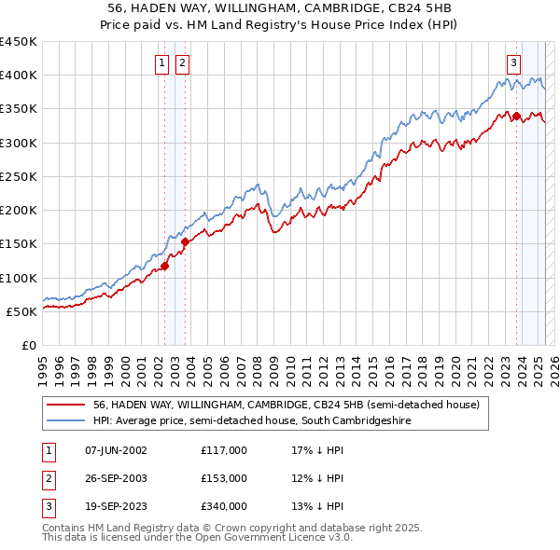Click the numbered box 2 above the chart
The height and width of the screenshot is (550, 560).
[x=181, y=63]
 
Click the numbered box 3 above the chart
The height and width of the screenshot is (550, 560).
[x=513, y=63]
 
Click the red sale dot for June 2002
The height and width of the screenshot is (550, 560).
[x=164, y=266]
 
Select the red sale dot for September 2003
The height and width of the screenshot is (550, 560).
[x=186, y=241]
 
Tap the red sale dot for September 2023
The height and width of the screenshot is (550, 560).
[x=516, y=116]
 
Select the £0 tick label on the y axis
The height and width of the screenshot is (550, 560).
[x=29, y=345]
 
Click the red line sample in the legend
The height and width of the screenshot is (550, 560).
[x=65, y=406]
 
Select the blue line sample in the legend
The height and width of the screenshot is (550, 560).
[x=65, y=421]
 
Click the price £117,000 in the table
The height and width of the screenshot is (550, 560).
[x=223, y=450]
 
